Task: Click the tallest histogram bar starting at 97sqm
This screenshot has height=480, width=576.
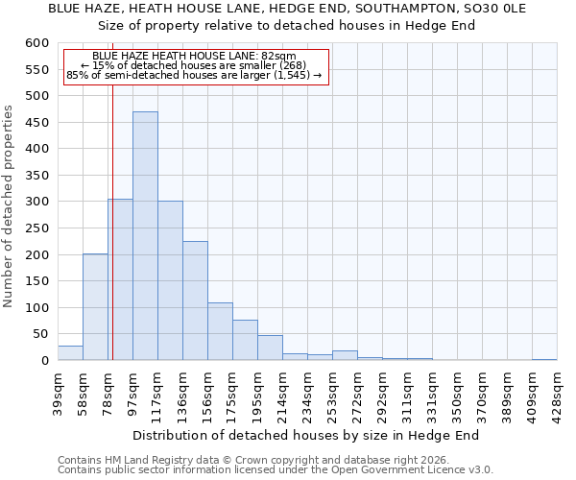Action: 145,235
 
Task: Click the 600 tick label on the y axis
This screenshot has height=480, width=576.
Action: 36,43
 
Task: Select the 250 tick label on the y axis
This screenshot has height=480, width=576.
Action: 36,228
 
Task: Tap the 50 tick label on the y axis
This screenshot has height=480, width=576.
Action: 39,334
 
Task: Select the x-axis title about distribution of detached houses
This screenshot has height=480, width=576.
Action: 306,435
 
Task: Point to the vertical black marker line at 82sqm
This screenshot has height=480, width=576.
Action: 112,240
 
